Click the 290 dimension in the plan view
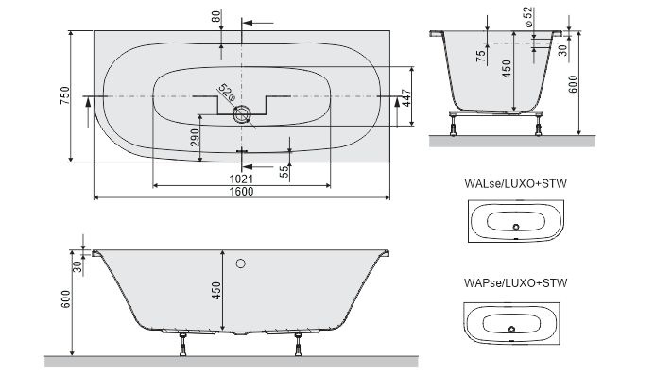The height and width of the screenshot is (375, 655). point(195,140)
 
